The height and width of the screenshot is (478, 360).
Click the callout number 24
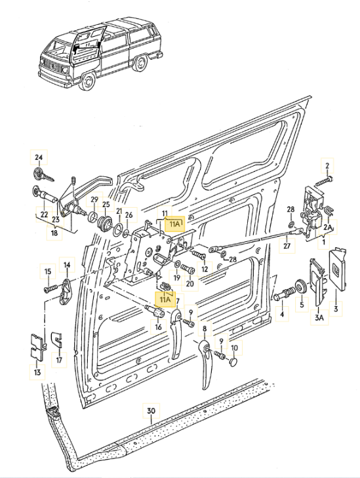pos(39,157)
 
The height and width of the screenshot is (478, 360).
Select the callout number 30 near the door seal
pos(151,412)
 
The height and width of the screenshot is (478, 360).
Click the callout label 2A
pos(327,227)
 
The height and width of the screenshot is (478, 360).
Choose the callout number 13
pos(37,372)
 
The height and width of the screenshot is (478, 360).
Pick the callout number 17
pos(58,359)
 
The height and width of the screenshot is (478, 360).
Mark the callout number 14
pos(66,266)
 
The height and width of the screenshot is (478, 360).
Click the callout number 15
pos(47,271)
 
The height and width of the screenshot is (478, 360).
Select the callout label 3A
pos(319,318)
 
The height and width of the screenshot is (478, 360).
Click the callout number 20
pos(190,283)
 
